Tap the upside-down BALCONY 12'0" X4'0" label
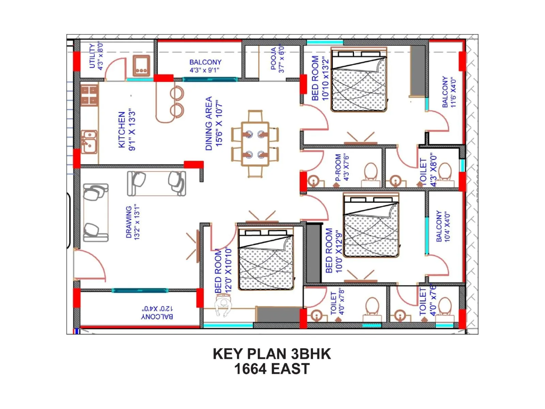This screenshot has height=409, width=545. point(157,313)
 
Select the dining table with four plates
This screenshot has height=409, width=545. point(255,144)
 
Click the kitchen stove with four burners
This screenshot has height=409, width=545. point(89,95)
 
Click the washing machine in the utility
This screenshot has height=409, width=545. point(141,66)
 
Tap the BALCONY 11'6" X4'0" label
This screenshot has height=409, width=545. point(449,92)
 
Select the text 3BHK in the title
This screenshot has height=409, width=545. point(311,354)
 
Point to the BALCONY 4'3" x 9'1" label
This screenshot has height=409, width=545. point(205,66)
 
